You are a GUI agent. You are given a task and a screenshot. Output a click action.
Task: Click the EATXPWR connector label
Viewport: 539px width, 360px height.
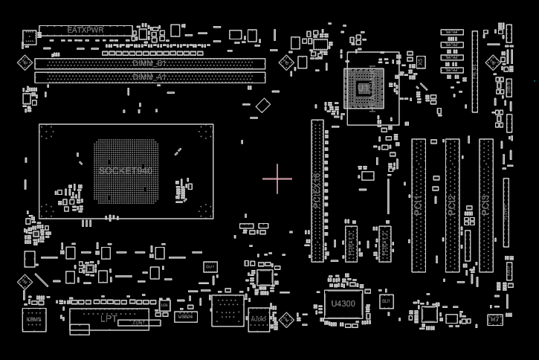point(85,30)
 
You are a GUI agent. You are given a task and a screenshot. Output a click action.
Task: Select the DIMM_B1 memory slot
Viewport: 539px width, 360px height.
point(149,64)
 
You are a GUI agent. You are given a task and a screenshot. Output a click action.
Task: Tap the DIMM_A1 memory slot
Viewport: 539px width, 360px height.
point(149,77)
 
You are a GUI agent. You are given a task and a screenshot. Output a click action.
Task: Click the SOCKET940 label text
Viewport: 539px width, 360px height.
point(126,171)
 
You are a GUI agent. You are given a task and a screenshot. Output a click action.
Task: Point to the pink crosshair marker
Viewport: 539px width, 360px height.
point(277,179)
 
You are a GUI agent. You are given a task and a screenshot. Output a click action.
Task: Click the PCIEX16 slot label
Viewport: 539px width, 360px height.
point(317,190)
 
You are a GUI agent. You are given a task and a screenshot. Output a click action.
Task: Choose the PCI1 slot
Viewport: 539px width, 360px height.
point(419,205)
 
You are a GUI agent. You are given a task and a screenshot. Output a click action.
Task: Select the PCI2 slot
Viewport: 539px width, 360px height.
point(452,205)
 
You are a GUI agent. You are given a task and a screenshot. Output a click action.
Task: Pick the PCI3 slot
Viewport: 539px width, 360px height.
point(485,205)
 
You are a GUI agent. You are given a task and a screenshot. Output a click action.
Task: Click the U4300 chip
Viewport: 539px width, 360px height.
point(343,303)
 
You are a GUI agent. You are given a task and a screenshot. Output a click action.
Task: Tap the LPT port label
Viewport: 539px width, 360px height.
point(109,318)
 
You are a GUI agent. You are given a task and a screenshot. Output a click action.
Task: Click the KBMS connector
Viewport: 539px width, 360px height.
point(34,320)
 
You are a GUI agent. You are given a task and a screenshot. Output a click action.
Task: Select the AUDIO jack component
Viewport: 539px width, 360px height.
point(259,320)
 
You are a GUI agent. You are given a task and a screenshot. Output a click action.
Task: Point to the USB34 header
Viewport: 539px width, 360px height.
point(186,316)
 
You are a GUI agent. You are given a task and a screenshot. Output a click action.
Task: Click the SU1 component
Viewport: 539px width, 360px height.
point(386,301)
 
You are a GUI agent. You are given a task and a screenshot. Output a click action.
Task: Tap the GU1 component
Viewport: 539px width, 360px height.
point(210,266)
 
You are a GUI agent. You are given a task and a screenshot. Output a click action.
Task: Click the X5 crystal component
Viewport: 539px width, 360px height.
point(420,63)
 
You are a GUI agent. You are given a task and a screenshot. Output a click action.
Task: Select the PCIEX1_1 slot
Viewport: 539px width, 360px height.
point(351,244)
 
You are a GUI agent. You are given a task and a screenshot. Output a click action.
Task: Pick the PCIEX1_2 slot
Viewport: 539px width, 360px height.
point(384,244)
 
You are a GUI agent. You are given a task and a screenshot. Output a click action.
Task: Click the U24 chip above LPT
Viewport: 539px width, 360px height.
point(164,305)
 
